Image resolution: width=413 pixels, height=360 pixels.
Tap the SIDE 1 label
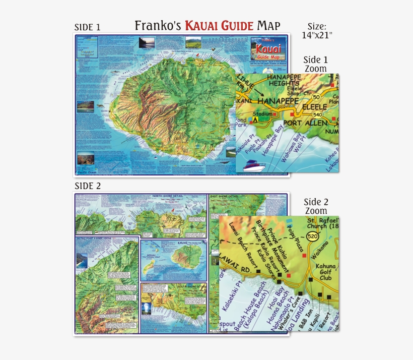88,27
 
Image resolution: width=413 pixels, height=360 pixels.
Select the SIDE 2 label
88,186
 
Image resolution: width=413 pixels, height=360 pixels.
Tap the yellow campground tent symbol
255,120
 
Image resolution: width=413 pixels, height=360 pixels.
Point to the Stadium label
262,114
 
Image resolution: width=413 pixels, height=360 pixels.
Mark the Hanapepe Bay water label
275,144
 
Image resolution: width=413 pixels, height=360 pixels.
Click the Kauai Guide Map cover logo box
268,50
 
